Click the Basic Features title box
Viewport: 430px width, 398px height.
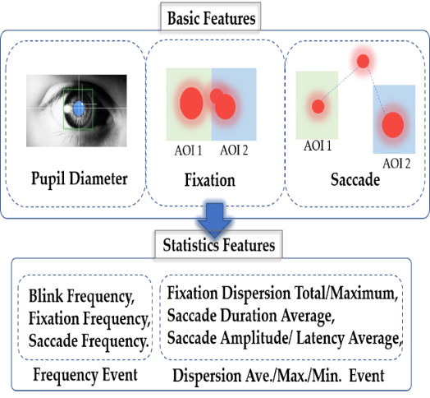(x=210, y=16)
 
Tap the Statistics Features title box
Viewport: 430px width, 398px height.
(x=218, y=244)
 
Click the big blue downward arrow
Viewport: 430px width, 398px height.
(x=214, y=220)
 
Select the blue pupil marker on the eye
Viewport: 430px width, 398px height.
(x=79, y=109)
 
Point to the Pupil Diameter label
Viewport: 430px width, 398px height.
(x=80, y=179)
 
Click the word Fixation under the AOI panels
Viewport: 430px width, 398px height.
(x=210, y=180)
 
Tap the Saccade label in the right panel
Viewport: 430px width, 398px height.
(x=355, y=180)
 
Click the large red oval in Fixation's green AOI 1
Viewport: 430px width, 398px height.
(x=191, y=104)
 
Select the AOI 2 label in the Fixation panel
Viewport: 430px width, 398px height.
(x=234, y=150)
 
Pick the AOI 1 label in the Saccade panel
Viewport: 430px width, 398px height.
(x=318, y=146)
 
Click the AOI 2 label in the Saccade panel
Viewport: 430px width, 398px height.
(x=396, y=164)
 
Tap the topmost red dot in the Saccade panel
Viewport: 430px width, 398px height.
(x=363, y=61)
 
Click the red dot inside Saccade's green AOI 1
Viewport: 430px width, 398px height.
(x=318, y=106)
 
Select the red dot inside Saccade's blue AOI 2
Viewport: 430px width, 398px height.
(x=393, y=125)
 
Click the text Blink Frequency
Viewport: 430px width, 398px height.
(x=82, y=297)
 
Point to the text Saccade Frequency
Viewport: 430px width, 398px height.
(x=89, y=341)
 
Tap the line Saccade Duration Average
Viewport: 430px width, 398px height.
(x=251, y=316)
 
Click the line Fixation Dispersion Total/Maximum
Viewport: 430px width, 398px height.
(x=282, y=294)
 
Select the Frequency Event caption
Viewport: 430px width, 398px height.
(x=85, y=375)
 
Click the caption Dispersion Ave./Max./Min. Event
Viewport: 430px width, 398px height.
(x=278, y=376)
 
